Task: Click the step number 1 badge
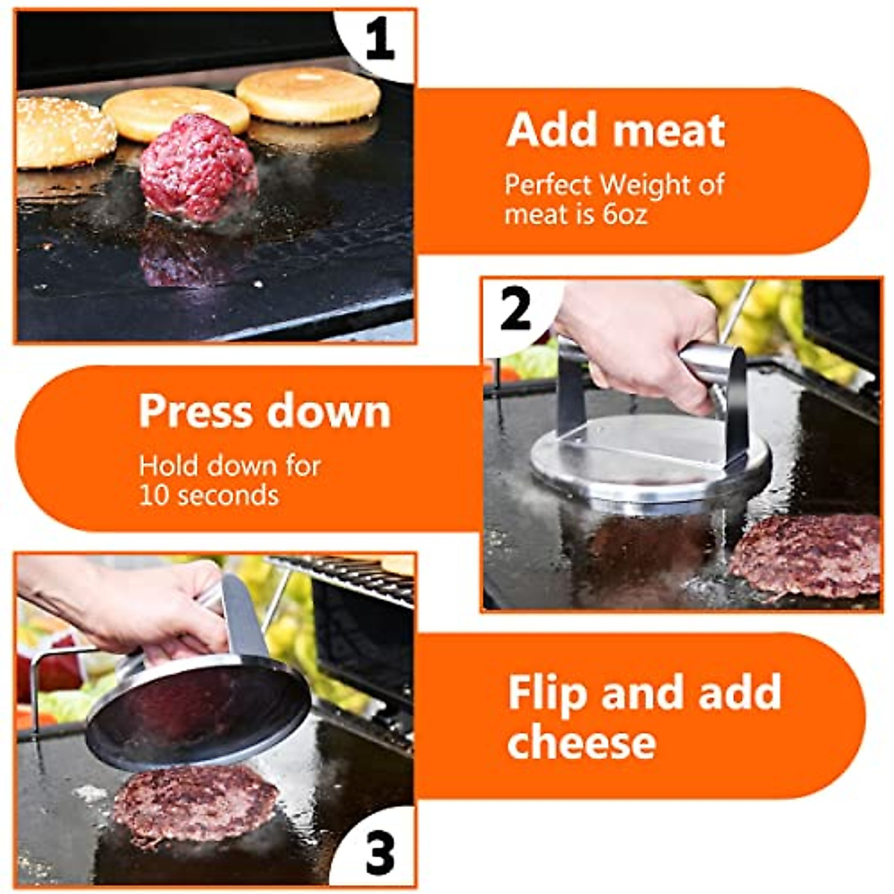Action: tap(379, 41)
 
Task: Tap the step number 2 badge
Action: tap(516, 310)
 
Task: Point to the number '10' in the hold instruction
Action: tap(155, 495)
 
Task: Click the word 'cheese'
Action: tap(581, 742)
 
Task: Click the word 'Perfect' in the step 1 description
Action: tap(548, 184)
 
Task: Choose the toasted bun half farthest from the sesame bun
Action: tap(308, 95)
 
